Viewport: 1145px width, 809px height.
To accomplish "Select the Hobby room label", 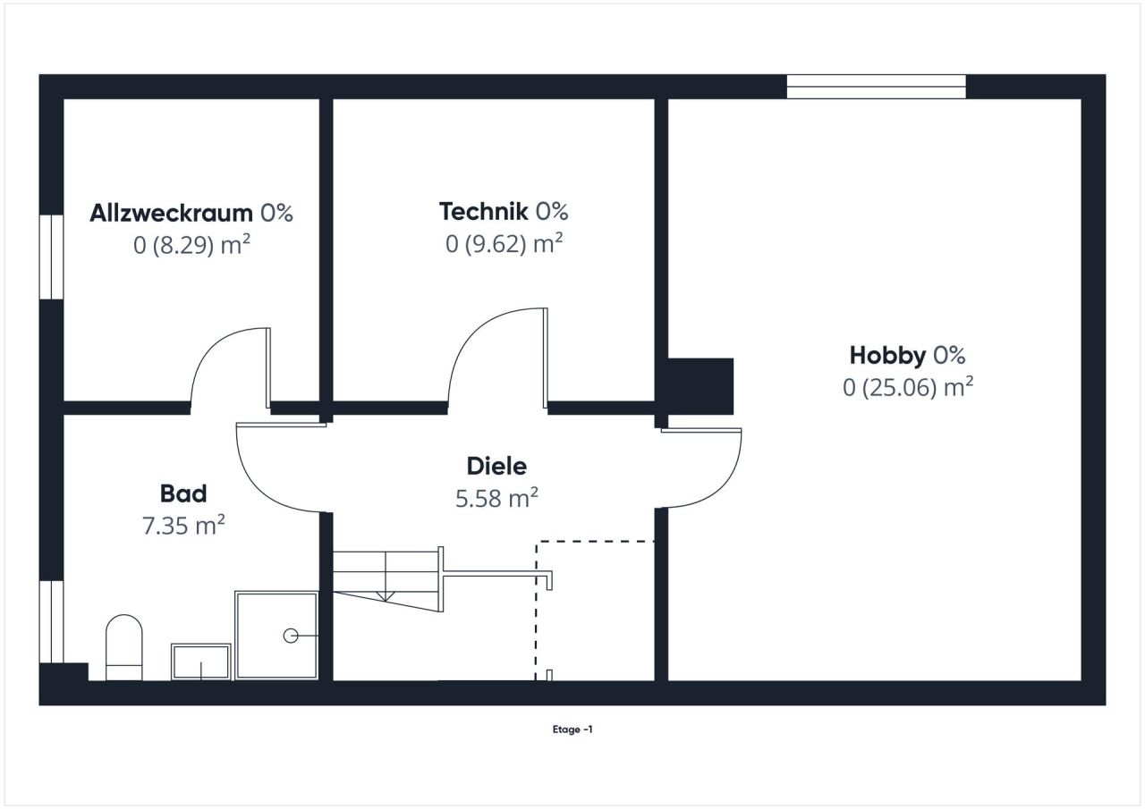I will (x=887, y=356).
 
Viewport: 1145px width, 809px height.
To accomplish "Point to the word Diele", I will (x=496, y=466).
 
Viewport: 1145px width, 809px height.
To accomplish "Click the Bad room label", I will (x=183, y=493).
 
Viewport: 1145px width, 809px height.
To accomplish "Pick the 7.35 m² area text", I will (x=183, y=526).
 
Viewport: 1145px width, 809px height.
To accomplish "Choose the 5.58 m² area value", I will (x=496, y=498).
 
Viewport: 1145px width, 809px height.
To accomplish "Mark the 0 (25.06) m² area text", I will (x=907, y=387).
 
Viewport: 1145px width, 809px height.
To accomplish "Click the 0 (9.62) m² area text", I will (x=504, y=243).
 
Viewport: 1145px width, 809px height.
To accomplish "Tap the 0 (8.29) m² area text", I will (x=191, y=244).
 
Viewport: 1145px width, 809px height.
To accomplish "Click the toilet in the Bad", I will (x=124, y=645).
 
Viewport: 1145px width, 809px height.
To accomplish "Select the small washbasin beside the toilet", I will (x=201, y=662).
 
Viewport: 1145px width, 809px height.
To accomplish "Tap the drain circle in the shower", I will (x=291, y=636).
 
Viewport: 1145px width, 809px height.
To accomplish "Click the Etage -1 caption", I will (x=572, y=729).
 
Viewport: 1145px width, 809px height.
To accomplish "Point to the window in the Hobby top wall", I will (x=876, y=87).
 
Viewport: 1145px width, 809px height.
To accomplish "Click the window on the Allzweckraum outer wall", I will (x=52, y=257).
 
